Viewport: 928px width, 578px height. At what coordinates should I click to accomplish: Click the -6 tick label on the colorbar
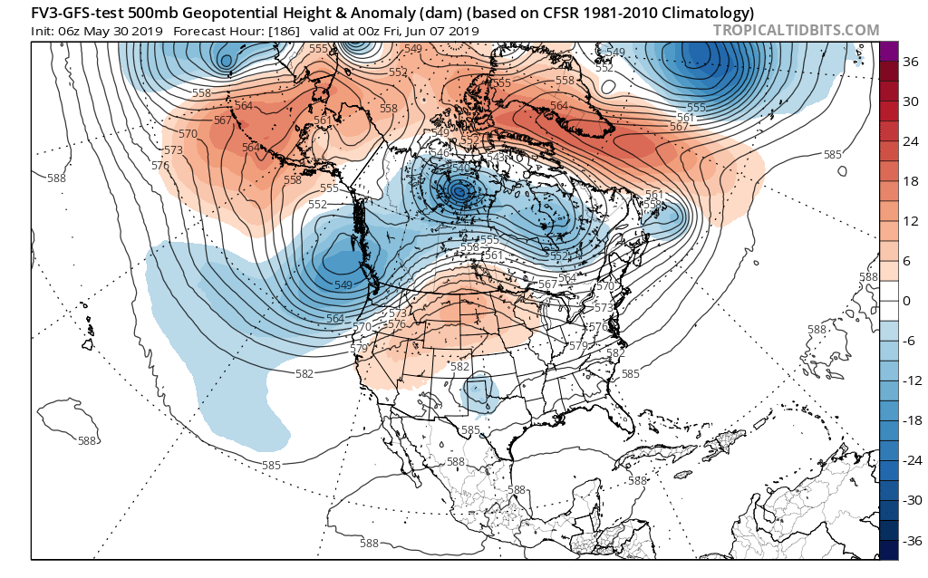coord(910,340)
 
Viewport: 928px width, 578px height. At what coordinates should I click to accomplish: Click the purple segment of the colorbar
coord(888,53)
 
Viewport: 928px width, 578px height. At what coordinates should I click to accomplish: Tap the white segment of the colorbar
coord(888,300)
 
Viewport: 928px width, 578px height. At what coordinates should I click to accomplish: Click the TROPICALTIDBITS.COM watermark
coord(796,30)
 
